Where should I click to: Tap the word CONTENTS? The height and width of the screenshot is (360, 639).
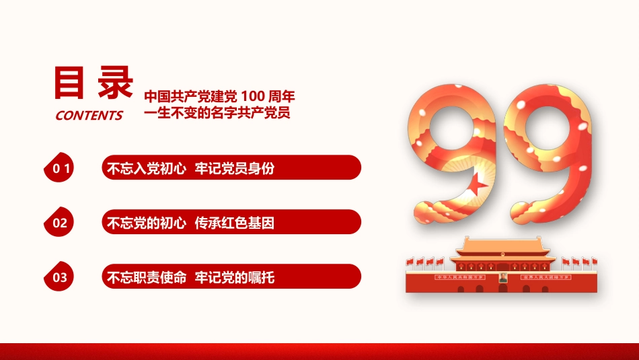pos(89,115)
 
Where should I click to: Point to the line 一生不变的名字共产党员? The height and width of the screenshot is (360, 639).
pos(217,112)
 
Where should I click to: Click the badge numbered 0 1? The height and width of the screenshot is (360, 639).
pos(61,169)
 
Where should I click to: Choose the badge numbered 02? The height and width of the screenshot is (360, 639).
pos(60,223)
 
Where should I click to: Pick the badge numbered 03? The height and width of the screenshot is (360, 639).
pos(60,277)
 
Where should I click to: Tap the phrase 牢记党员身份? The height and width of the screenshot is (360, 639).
pos(235,169)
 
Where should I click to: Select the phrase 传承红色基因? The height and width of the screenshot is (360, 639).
pos(235,223)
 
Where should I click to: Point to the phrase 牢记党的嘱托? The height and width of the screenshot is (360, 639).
pos(235,277)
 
